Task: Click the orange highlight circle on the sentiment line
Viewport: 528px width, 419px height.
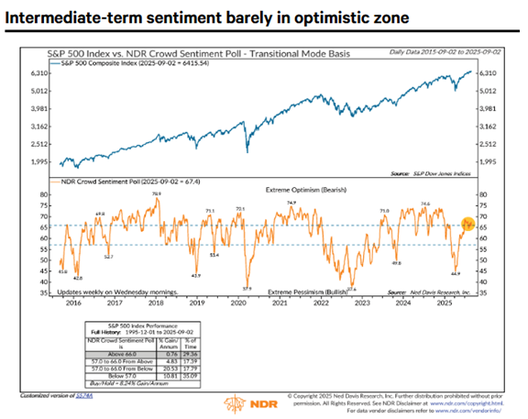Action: pyautogui.click(x=467, y=225)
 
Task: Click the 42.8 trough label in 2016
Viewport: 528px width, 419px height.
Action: pyautogui.click(x=78, y=277)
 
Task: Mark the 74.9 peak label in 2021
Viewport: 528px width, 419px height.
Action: pyautogui.click(x=291, y=202)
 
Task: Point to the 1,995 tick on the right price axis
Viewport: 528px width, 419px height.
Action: pyautogui.click(x=487, y=161)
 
